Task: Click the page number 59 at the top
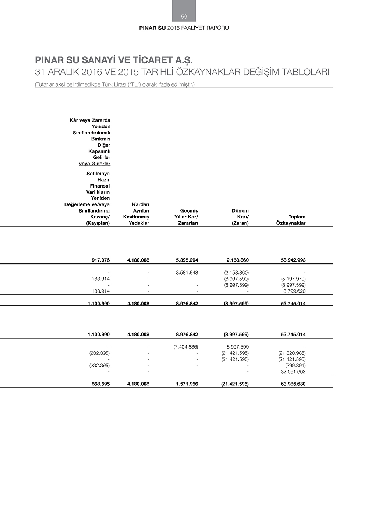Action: click(184, 17)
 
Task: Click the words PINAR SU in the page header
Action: click(152, 28)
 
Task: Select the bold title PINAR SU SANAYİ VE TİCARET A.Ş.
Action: click(114, 60)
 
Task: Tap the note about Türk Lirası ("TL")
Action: click(114, 85)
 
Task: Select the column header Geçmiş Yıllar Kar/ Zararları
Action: click(186, 217)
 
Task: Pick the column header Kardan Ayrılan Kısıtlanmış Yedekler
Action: click(137, 214)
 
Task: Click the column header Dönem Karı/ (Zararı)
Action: click(240, 217)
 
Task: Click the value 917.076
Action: click(100, 260)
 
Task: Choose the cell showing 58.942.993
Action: click(293, 260)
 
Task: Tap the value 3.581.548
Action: click(187, 273)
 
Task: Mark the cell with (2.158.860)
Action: click(236, 273)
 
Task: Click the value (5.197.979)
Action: click(293, 279)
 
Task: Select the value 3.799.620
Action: click(294, 291)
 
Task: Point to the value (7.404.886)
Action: click(185, 347)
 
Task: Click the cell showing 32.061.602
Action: click(293, 372)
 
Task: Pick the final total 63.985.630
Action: click(293, 384)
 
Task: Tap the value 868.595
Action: click(100, 384)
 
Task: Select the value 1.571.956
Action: click(187, 384)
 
